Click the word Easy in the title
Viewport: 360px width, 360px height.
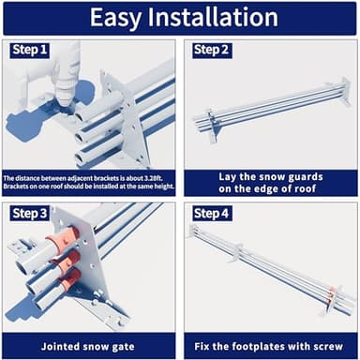click(x=115, y=18)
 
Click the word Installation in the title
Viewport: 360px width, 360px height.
click(x=213, y=17)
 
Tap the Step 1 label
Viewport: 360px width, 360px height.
click(x=30, y=50)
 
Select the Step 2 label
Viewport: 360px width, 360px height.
click(x=211, y=50)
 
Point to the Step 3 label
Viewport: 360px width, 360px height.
click(x=30, y=214)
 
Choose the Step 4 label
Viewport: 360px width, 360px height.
click(x=211, y=214)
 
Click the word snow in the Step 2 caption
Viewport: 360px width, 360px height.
click(x=269, y=177)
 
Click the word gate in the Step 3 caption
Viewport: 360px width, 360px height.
click(x=123, y=347)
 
